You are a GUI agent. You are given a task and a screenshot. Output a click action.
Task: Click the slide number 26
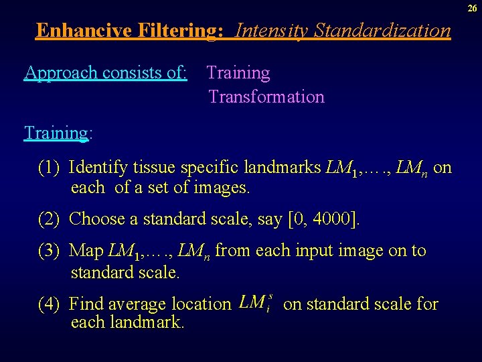(473, 7)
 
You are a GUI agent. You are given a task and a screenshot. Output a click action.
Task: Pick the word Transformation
(266, 97)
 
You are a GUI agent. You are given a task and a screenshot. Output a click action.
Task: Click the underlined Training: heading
(56, 133)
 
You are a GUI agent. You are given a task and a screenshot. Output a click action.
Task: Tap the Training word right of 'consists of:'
(238, 72)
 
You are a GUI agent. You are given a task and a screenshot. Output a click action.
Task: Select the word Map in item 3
(86, 251)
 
